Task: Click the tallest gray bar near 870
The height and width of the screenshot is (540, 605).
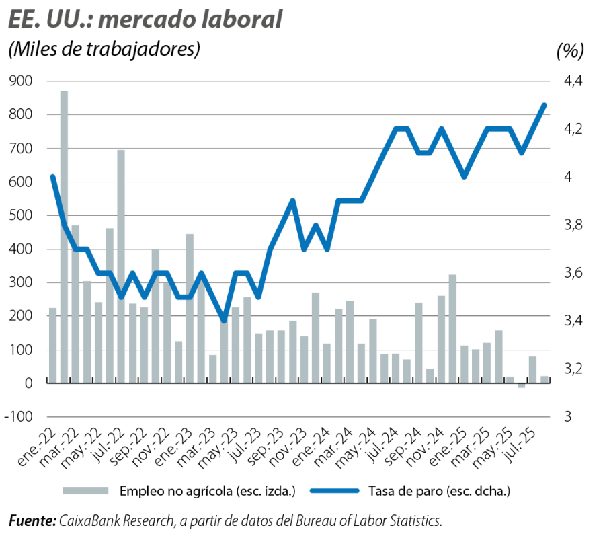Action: tap(64, 235)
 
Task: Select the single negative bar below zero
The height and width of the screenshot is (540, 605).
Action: tap(521, 386)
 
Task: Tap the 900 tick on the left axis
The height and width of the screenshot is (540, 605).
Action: tap(22, 81)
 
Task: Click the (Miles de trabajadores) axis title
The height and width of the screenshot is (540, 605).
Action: tap(104, 50)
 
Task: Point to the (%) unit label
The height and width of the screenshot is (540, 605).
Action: tap(570, 50)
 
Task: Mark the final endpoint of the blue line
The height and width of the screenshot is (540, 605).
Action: tap(544, 104)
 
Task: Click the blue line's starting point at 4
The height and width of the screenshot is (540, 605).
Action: tap(52, 177)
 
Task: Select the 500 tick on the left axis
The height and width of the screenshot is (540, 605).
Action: tap(22, 216)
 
